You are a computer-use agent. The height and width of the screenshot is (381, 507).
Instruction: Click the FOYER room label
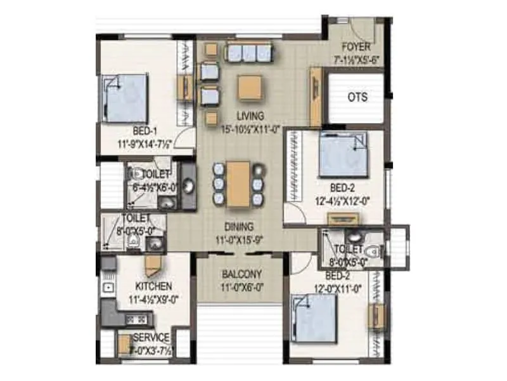point(356,48)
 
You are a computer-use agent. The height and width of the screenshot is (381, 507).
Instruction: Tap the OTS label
point(357,98)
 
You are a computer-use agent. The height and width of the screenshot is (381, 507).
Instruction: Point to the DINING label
point(238,226)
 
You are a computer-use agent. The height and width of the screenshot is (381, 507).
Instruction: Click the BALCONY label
point(242,274)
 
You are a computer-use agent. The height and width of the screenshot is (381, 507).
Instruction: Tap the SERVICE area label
point(151,337)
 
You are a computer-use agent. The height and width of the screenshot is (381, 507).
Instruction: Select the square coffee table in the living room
point(250,88)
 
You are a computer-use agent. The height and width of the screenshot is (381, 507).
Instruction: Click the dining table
point(238,184)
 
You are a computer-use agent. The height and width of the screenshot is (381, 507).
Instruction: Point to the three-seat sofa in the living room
point(248,51)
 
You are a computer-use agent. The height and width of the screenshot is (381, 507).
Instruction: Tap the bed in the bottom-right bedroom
point(314,318)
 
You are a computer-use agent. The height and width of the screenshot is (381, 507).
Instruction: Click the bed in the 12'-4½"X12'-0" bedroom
point(343,156)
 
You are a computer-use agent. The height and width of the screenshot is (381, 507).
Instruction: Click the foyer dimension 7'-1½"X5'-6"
point(356,58)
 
